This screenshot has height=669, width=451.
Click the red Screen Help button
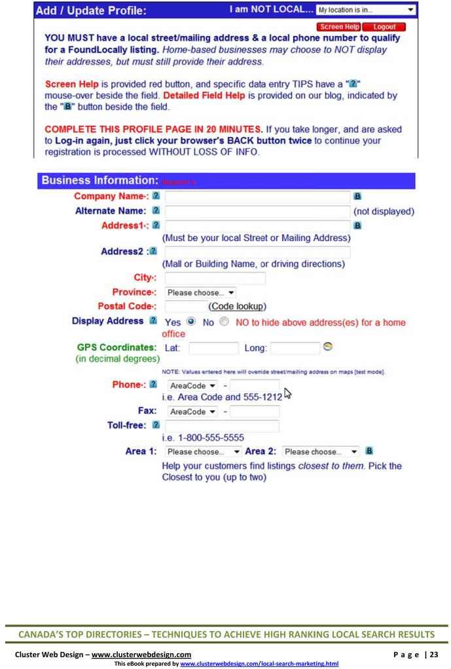pos(342,27)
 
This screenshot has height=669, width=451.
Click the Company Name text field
pos(257,195)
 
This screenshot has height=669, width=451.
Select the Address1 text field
pos(257,225)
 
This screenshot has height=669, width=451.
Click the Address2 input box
pos(257,252)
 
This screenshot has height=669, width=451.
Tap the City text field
pos(215,278)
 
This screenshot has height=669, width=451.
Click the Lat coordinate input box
pos(213,349)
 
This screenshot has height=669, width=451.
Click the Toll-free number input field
pos(222,426)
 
